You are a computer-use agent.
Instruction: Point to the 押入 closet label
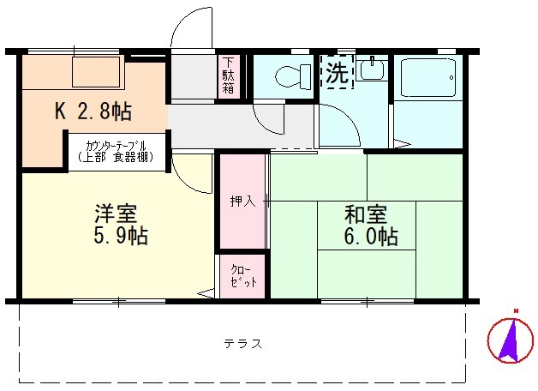coord(241,202)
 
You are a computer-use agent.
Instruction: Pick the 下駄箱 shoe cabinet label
coord(230,76)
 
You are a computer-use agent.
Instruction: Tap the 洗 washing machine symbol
coord(336,72)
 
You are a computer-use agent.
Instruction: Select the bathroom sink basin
coord(371,70)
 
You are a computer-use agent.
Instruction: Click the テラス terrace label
coord(242,344)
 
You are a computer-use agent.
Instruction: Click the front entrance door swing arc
coord(190,30)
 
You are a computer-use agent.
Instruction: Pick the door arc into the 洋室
coord(190,167)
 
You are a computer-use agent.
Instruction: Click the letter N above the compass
coord(516,311)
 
